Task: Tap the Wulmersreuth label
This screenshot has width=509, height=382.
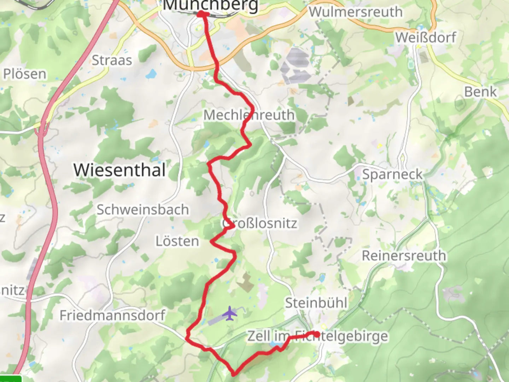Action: (x=356, y=12)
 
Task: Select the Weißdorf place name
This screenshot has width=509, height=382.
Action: (x=426, y=37)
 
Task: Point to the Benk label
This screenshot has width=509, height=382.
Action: (x=480, y=92)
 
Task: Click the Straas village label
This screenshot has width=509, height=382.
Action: (x=112, y=60)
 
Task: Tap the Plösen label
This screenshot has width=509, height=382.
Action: (x=25, y=74)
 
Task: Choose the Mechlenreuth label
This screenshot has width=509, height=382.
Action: (x=249, y=115)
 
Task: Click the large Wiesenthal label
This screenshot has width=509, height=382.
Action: (x=119, y=170)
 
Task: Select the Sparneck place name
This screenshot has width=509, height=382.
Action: (x=392, y=174)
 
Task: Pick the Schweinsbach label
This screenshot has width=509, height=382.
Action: (x=143, y=210)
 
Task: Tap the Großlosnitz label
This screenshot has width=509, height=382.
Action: (x=260, y=224)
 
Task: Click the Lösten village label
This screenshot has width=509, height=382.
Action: (x=177, y=241)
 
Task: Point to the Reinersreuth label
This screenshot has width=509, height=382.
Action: (x=404, y=255)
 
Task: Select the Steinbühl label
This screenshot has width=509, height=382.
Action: (x=316, y=303)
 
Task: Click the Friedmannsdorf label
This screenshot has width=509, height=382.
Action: (x=112, y=315)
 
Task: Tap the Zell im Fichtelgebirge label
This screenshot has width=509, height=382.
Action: (x=317, y=336)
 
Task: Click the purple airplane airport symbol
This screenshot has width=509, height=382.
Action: (x=230, y=313)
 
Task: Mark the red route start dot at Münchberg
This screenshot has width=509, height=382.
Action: (x=201, y=14)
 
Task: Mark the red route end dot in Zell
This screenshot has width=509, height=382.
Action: (x=317, y=334)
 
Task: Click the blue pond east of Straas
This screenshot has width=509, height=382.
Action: (x=151, y=74)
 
